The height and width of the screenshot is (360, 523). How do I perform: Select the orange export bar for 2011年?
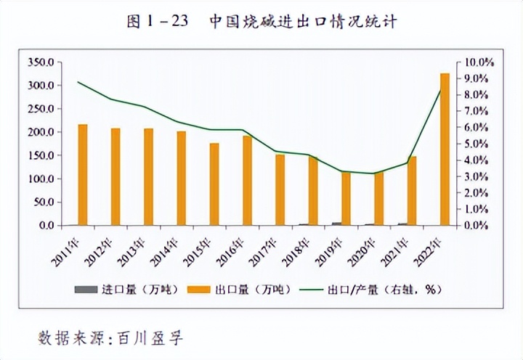[x=83, y=175]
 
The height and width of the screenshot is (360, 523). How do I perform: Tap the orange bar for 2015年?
[x=214, y=184]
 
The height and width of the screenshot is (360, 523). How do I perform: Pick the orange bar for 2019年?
[x=346, y=198]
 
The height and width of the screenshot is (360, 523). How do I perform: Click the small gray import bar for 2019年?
[x=336, y=224]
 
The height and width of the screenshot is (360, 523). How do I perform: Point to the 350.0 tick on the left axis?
[x=41, y=62]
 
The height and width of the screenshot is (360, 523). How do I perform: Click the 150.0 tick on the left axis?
[x=41, y=155]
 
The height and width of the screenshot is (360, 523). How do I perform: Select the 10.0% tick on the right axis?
[x=479, y=62]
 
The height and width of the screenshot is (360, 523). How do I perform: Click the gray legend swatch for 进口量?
[x=85, y=290]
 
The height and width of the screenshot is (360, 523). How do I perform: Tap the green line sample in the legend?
[x=317, y=290]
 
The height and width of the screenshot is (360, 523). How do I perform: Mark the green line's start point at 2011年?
[x=78, y=82]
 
